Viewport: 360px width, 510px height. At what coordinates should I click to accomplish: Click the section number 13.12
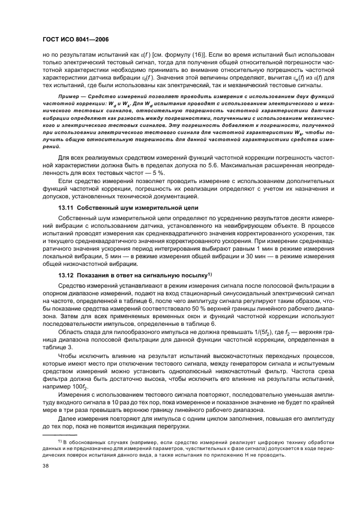tap(66, 276)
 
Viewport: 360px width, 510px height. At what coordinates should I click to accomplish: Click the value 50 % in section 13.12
tap(186, 307)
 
